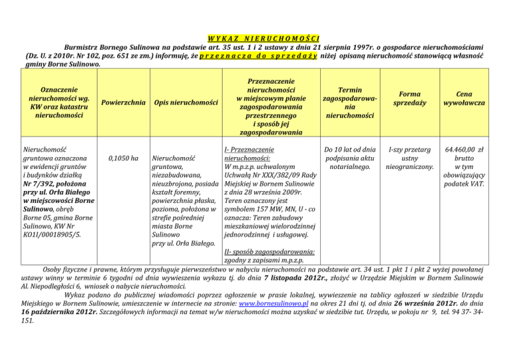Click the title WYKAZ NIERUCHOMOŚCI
pyautogui.click(x=254, y=36)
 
